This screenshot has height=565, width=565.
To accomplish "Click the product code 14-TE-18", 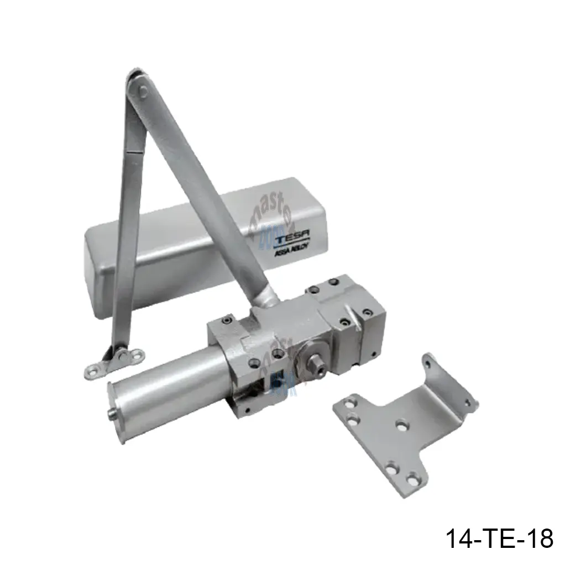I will click(x=499, y=538).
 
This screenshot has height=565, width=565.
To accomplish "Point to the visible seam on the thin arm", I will click(x=131, y=152).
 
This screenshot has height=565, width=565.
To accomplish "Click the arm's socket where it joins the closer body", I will click(x=264, y=301).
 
